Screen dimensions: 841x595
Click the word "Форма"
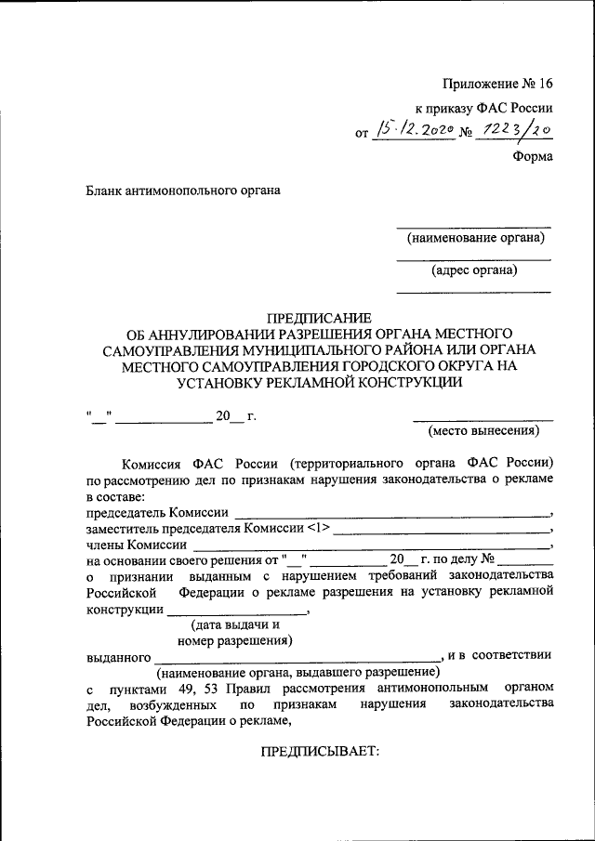(533, 156)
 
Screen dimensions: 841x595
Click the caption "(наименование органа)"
(474, 239)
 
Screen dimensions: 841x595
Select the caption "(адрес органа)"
(474, 271)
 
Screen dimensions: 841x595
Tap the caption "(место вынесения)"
(483, 431)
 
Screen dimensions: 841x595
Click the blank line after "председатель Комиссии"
(391, 512)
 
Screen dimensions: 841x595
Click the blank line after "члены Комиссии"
(371, 545)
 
